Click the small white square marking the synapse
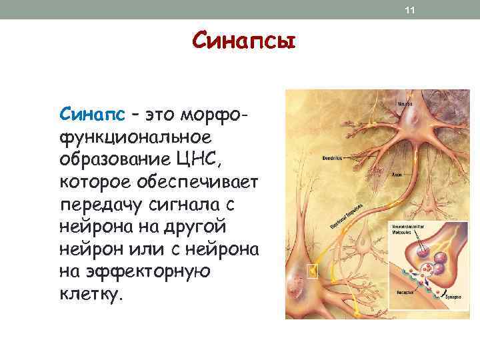click(x=311, y=270)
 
